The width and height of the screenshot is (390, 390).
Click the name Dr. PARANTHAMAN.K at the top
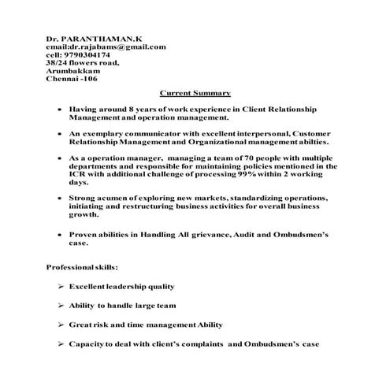click(x=88, y=38)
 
